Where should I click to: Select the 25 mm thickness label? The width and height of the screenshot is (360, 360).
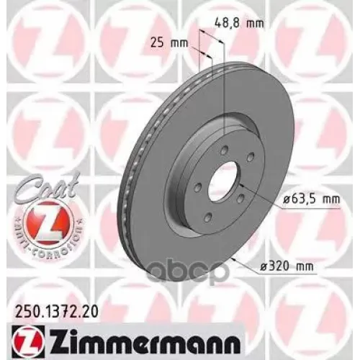click(168, 42)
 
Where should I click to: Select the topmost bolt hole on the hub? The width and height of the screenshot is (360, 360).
click(225, 148)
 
